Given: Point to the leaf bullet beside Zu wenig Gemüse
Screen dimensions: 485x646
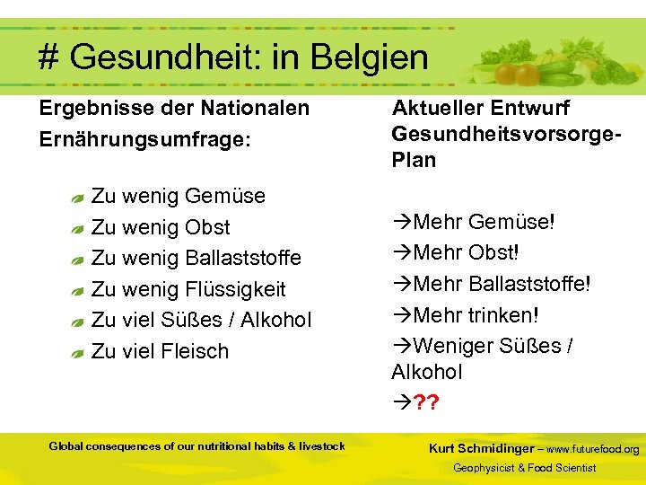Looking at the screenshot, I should click(x=77, y=198).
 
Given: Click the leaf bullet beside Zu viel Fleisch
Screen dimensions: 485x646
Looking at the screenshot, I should click(x=77, y=353).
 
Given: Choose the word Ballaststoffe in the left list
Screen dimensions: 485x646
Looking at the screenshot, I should click(x=243, y=258).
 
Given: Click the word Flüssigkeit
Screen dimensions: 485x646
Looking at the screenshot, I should click(x=235, y=289).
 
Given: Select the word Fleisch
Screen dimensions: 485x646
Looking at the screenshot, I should click(x=196, y=351).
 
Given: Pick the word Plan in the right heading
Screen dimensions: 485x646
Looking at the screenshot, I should click(x=414, y=161).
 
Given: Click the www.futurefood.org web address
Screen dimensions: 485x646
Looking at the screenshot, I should click(x=593, y=449).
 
